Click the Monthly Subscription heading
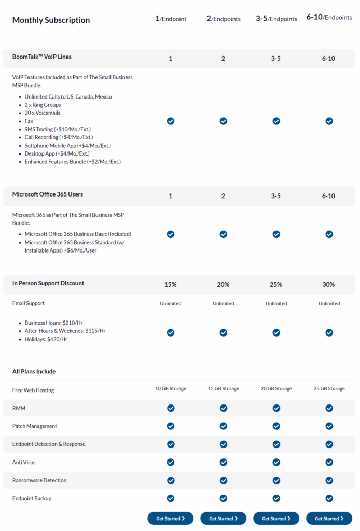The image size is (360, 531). click(51, 20)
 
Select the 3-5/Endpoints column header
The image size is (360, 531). click(276, 19)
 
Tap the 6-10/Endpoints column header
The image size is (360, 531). click(329, 17)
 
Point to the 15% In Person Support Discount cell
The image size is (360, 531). click(170, 285)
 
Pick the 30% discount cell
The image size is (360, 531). click(328, 285)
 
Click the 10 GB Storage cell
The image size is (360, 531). click(170, 389)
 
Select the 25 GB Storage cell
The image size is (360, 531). click(329, 389)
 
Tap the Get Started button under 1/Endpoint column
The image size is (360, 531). click(170, 518)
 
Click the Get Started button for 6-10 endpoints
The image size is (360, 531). click(329, 518)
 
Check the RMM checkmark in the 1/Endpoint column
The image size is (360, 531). click(170, 408)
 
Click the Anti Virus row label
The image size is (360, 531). click(24, 462)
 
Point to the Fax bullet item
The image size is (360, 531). click(29, 121)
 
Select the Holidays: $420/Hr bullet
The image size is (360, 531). click(46, 339)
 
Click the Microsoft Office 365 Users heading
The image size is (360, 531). click(48, 194)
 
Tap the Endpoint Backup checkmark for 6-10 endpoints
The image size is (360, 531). click(329, 498)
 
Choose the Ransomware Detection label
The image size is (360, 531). click(39, 480)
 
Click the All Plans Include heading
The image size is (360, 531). click(34, 372)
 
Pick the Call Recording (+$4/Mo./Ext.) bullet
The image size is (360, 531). click(59, 137)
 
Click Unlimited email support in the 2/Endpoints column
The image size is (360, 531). click(223, 304)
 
